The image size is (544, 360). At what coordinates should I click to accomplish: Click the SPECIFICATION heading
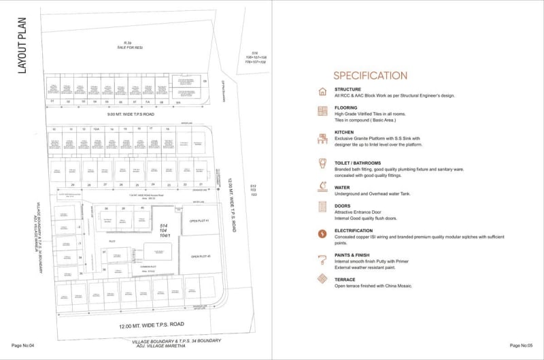pyautogui.click(x=370, y=76)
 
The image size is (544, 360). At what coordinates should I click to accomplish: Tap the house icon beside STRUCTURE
pyautogui.click(x=322, y=92)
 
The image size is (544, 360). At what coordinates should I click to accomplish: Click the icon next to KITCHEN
pyautogui.click(x=322, y=139)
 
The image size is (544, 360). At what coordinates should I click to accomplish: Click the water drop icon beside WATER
pyautogui.click(x=322, y=186)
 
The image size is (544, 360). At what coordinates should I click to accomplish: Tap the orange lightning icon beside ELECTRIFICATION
pyautogui.click(x=322, y=234)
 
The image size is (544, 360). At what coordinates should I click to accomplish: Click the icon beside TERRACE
pyautogui.click(x=322, y=279)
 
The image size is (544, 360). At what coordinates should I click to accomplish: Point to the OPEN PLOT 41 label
pyautogui.click(x=199, y=220)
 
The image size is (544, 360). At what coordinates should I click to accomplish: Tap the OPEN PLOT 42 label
pyautogui.click(x=200, y=256)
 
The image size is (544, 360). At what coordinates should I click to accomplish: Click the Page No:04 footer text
pyautogui.click(x=22, y=346)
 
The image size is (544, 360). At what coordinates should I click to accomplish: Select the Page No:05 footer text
pyautogui.click(x=522, y=346)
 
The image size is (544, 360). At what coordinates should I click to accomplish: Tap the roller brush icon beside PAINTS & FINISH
pyautogui.click(x=322, y=259)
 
